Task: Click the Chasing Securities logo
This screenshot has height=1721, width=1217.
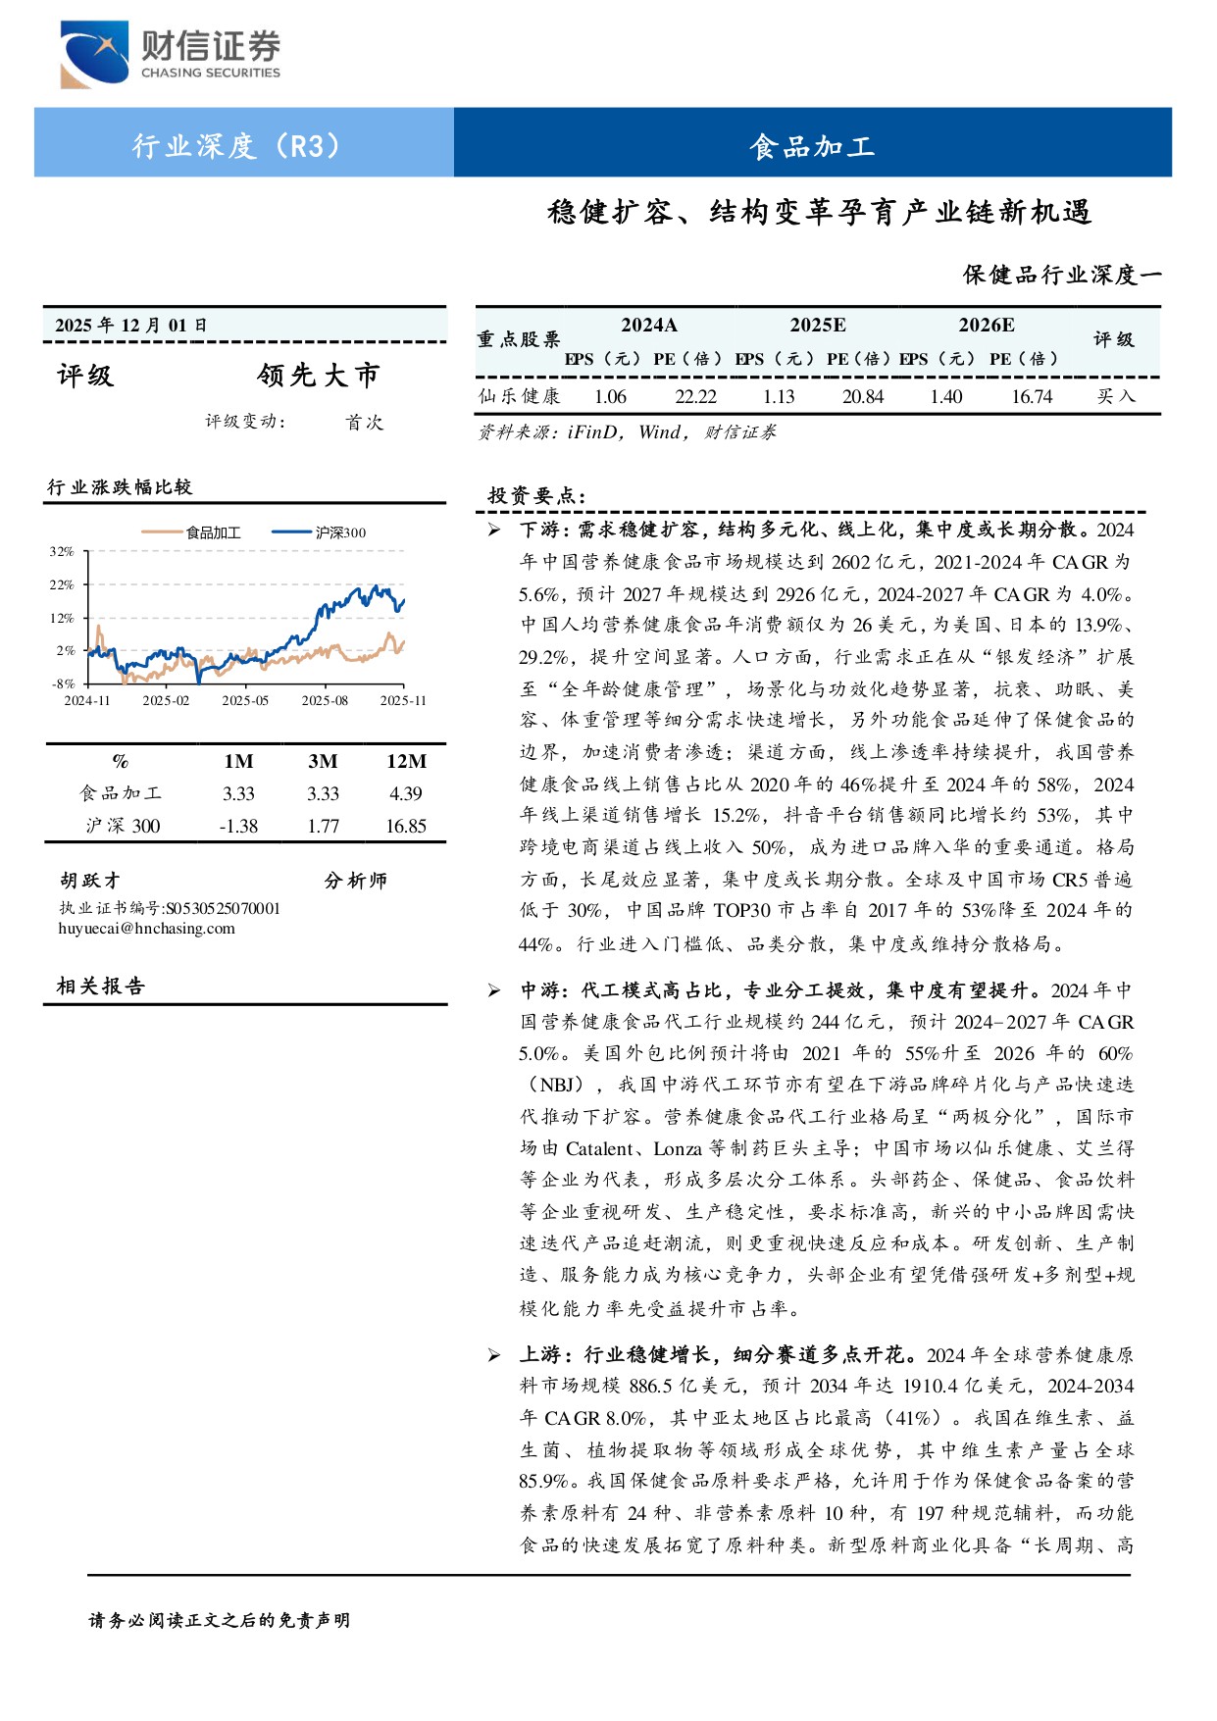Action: point(170,54)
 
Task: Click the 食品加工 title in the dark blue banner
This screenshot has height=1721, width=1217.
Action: point(812,146)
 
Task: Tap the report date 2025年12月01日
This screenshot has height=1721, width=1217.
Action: point(131,326)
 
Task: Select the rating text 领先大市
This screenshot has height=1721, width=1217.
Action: point(319,376)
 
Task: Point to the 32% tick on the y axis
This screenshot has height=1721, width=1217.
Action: point(62,552)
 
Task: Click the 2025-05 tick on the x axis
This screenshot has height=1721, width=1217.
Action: point(245,701)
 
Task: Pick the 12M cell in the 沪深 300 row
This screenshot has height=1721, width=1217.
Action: point(406,826)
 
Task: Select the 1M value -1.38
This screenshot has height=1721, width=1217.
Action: point(238,826)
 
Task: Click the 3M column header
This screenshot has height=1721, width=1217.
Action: point(323,761)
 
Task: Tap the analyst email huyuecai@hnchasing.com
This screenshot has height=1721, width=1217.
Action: point(147,929)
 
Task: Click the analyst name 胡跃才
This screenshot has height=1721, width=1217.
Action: point(89,881)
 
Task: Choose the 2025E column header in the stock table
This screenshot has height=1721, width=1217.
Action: point(818,326)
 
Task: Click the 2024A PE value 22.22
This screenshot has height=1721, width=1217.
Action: point(695,396)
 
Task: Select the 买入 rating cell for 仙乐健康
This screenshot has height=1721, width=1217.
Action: point(1115,396)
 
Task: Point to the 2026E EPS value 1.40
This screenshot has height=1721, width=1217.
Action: point(946,396)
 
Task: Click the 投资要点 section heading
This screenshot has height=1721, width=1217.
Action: point(536,495)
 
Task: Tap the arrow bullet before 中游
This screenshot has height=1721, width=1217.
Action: point(494,990)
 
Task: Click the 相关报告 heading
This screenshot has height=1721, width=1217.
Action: point(101,987)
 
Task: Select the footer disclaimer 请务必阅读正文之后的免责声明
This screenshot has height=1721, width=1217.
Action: point(220,1620)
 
